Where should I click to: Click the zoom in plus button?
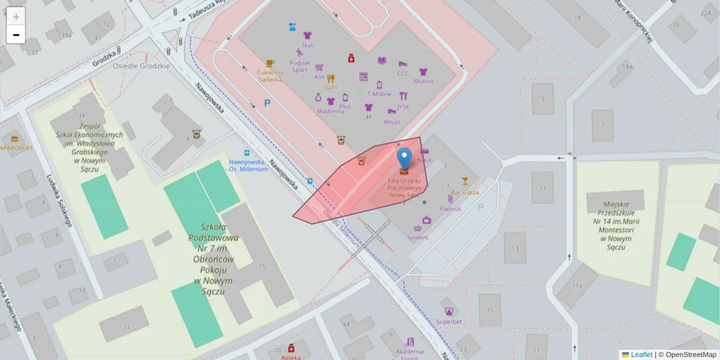pyautogui.click(x=16, y=16)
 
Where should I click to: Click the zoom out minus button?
pyautogui.click(x=16, y=35)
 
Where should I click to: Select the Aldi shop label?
pyautogui.click(x=319, y=77)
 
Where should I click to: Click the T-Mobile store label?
pyautogui.click(x=379, y=94)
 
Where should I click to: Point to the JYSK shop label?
pyautogui.click(x=403, y=106)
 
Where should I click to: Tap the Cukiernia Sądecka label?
pyautogui.click(x=270, y=76)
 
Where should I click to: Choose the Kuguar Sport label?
pyautogui.click(x=299, y=66)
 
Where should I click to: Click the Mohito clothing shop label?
pyautogui.click(x=423, y=81)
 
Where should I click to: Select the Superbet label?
pyautogui.click(x=449, y=322)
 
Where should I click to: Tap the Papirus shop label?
pyautogui.click(x=450, y=208)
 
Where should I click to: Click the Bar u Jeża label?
pyautogui.click(x=465, y=192)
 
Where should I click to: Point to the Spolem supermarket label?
pyautogui.click(x=418, y=237)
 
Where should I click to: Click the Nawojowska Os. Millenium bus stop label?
pyautogui.click(x=247, y=165)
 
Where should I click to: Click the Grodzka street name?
pyautogui.click(x=104, y=60)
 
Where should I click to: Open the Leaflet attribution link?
pyautogui.click(x=641, y=355)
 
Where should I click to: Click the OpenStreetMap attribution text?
pyautogui.click(x=691, y=355)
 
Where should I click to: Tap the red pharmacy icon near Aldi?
pyautogui.click(x=351, y=58)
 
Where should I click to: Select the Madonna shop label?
pyautogui.click(x=331, y=111)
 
